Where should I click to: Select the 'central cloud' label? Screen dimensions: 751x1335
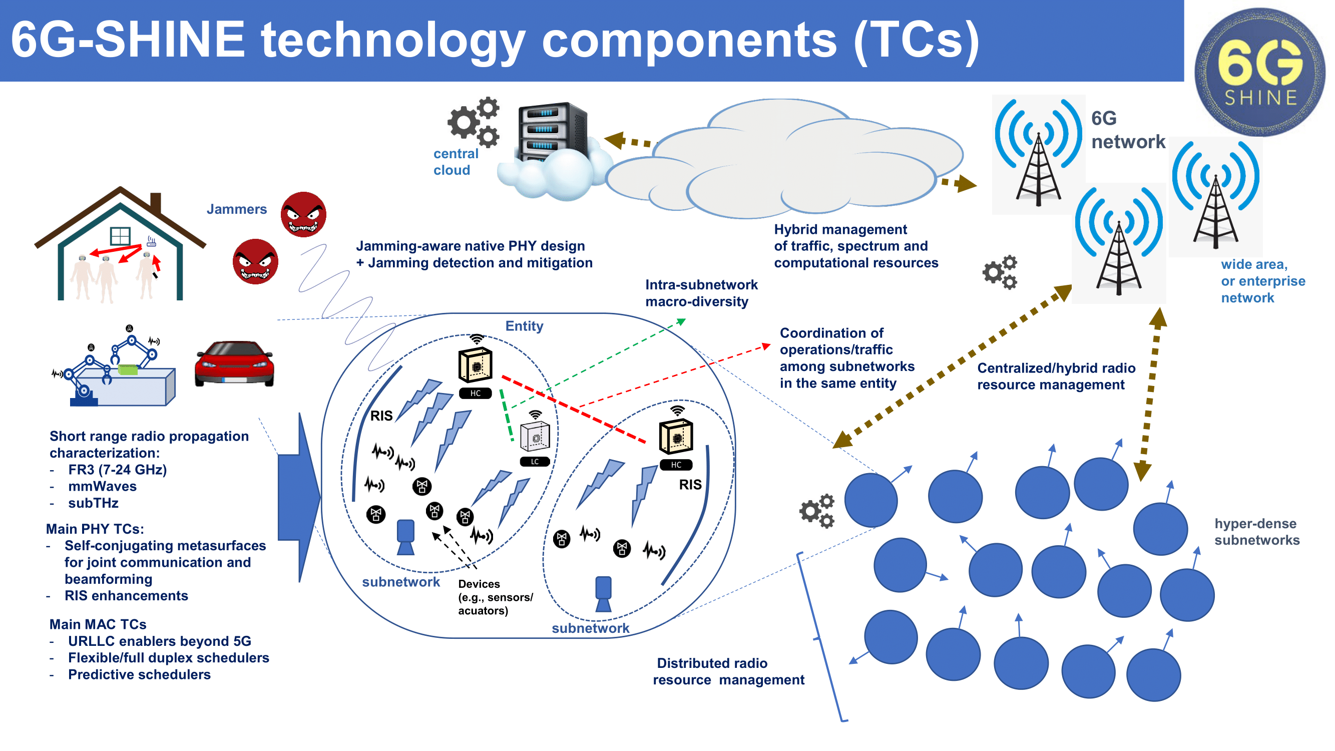tap(455, 162)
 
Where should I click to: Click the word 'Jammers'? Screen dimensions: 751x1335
tap(236, 209)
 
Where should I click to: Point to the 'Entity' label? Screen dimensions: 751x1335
tap(524, 326)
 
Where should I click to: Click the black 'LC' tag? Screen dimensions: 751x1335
tap(534, 461)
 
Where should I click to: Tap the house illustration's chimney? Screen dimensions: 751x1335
tap(156, 202)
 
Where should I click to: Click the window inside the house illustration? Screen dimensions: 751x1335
tap(120, 236)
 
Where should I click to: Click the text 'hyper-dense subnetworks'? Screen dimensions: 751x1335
tap(1256, 532)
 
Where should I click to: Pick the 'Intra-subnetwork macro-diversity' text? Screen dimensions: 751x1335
tap(701, 293)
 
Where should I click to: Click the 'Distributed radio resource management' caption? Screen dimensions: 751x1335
tap(728, 671)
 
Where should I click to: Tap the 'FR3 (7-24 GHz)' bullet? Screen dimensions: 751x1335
tap(117, 470)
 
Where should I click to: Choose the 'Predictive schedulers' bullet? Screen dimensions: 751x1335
tap(139, 674)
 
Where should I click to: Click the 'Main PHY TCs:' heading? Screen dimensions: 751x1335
tap(95, 529)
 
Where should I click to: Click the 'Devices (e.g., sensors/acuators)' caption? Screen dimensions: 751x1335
tap(495, 597)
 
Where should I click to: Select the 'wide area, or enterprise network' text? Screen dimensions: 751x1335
tap(1262, 281)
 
